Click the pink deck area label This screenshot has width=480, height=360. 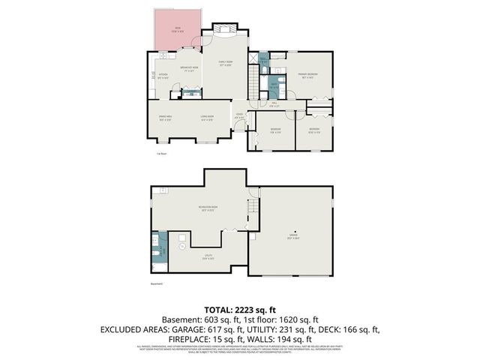(x=177, y=29)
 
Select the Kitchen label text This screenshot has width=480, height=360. (x=163, y=74)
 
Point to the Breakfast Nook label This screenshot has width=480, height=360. (x=189, y=68)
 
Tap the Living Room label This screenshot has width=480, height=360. (x=207, y=117)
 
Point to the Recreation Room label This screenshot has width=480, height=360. (x=208, y=208)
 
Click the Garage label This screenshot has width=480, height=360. (x=293, y=236)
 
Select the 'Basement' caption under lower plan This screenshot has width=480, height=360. (x=156, y=284)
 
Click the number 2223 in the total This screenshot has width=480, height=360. (x=248, y=309)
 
